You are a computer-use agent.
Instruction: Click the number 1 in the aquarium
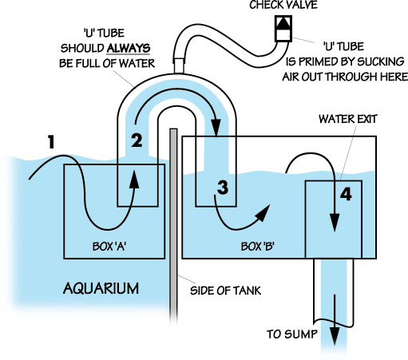tap(51, 142)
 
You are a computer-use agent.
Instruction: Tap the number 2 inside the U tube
tap(137, 140)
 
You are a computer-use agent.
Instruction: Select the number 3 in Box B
tap(223, 187)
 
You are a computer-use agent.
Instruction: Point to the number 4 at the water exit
tap(346, 194)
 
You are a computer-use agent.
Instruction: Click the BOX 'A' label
tap(109, 247)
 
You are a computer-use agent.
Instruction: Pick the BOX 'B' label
tap(258, 247)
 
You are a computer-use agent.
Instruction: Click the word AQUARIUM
tap(101, 288)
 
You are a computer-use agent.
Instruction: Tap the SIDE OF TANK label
tap(225, 291)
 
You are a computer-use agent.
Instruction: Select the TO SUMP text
tap(292, 334)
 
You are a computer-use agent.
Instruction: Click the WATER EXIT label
tap(348, 119)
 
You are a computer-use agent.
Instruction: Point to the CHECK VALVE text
tap(283, 5)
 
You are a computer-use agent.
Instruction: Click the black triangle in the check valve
tap(283, 23)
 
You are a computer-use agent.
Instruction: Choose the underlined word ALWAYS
tap(129, 48)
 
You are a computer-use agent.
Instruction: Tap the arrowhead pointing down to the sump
tap(335, 336)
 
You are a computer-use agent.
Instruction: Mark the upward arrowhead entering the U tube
tap(134, 180)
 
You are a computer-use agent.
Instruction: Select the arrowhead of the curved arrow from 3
tap(263, 212)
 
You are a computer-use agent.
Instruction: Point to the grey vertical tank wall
tap(173, 226)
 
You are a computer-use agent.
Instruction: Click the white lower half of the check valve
tap(283, 35)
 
